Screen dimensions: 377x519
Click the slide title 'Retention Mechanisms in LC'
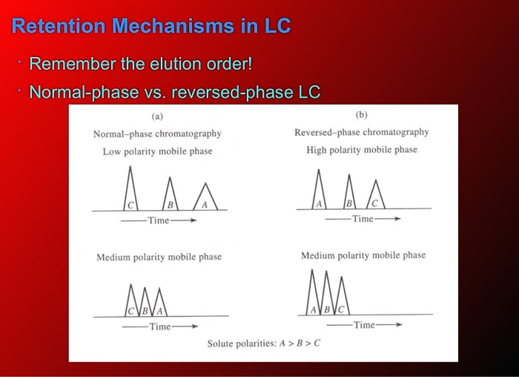click(x=151, y=27)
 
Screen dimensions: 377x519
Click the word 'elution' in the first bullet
click(x=156, y=64)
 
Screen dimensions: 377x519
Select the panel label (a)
click(x=157, y=116)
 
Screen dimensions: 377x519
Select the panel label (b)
click(x=361, y=114)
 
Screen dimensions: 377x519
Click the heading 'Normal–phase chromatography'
click(x=157, y=134)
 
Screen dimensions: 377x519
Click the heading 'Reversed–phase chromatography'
click(x=361, y=132)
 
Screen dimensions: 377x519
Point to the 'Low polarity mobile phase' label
click(x=157, y=151)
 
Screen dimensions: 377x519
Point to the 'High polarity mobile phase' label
click(x=362, y=150)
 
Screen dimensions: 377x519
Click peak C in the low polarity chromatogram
click(x=131, y=194)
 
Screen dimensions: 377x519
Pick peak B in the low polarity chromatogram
click(x=170, y=197)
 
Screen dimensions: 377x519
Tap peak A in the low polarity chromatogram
click(x=205, y=199)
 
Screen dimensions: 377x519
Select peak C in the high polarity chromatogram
click(x=375, y=197)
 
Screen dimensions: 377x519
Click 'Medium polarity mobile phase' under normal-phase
click(x=159, y=257)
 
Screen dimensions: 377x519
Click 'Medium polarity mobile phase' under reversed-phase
click(x=363, y=255)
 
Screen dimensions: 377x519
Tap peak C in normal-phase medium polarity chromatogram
click(x=132, y=304)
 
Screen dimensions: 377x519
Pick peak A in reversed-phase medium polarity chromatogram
click(x=314, y=301)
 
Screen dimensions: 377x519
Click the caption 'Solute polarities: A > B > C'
click(x=263, y=344)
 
